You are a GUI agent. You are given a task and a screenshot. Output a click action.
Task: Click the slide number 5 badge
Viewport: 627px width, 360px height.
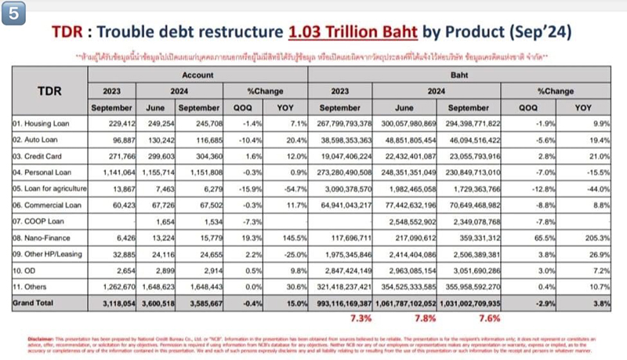pos(13,13)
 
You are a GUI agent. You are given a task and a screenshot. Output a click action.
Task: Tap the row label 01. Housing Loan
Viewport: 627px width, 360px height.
pos(43,123)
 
